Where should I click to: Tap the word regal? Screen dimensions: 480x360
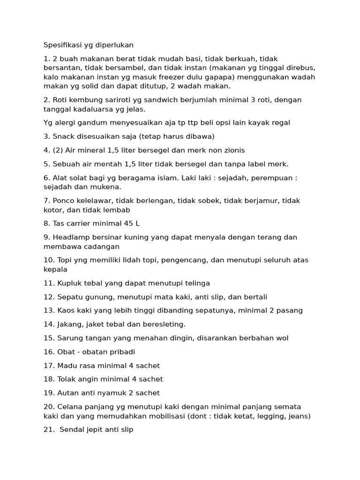tap(280, 123)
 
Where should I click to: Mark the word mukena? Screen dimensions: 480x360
tap(107, 187)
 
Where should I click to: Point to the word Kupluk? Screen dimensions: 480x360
tap(69, 283)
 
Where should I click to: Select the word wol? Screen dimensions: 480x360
tap(282, 338)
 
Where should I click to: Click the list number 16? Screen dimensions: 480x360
tap(48, 352)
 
